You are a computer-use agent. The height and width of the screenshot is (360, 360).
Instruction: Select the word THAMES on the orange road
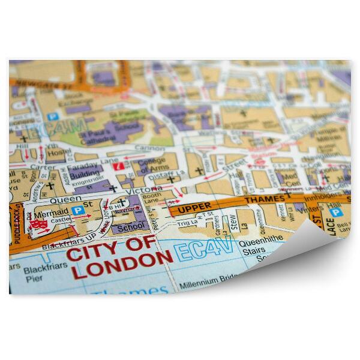click(x=265, y=200)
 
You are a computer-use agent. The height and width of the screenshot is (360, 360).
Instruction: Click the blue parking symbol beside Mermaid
click(x=77, y=210)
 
